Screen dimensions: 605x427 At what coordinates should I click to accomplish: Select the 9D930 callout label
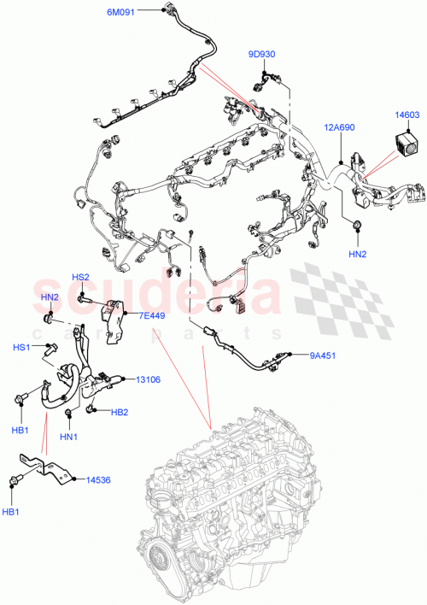pyautogui.click(x=262, y=55)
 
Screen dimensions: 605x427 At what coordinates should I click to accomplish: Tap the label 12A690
pyautogui.click(x=339, y=127)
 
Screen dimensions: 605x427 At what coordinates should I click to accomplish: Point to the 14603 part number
pyautogui.click(x=407, y=114)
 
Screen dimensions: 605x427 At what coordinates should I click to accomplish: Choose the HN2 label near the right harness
pyautogui.click(x=357, y=255)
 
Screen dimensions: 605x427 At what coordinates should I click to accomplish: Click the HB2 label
pyautogui.click(x=120, y=413)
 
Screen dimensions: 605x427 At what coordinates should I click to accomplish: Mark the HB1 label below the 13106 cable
pyautogui.click(x=19, y=431)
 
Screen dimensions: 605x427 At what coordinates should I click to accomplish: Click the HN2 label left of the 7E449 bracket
pyautogui.click(x=50, y=297)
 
